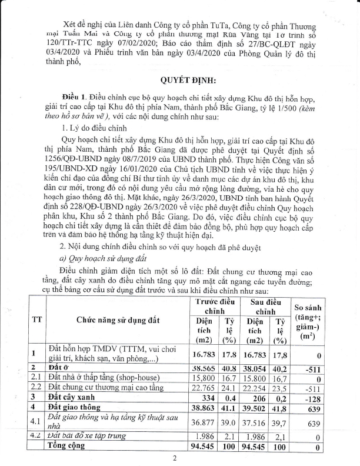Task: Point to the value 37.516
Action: click(255, 419)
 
